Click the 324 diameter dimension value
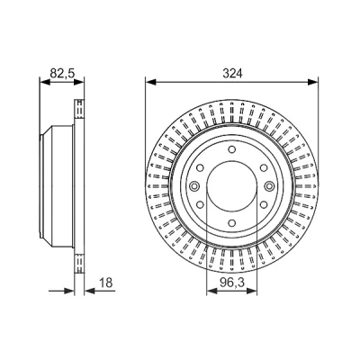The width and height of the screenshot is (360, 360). coord(232,73)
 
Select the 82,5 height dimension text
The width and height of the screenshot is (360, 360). coord(62,73)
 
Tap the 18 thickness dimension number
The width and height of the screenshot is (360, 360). coord(105,283)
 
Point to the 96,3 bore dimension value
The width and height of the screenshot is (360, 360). coord(231,283)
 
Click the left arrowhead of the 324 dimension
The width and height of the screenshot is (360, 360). coord(151,82)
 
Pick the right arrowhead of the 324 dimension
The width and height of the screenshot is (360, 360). coord(313,82)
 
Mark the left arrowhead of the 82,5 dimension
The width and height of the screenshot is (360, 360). coord(45,82)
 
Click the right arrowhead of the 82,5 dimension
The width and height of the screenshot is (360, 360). coord(78,82)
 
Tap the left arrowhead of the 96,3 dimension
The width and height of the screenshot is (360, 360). coord(212,291)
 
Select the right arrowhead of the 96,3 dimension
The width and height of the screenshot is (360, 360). coord(251,291)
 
